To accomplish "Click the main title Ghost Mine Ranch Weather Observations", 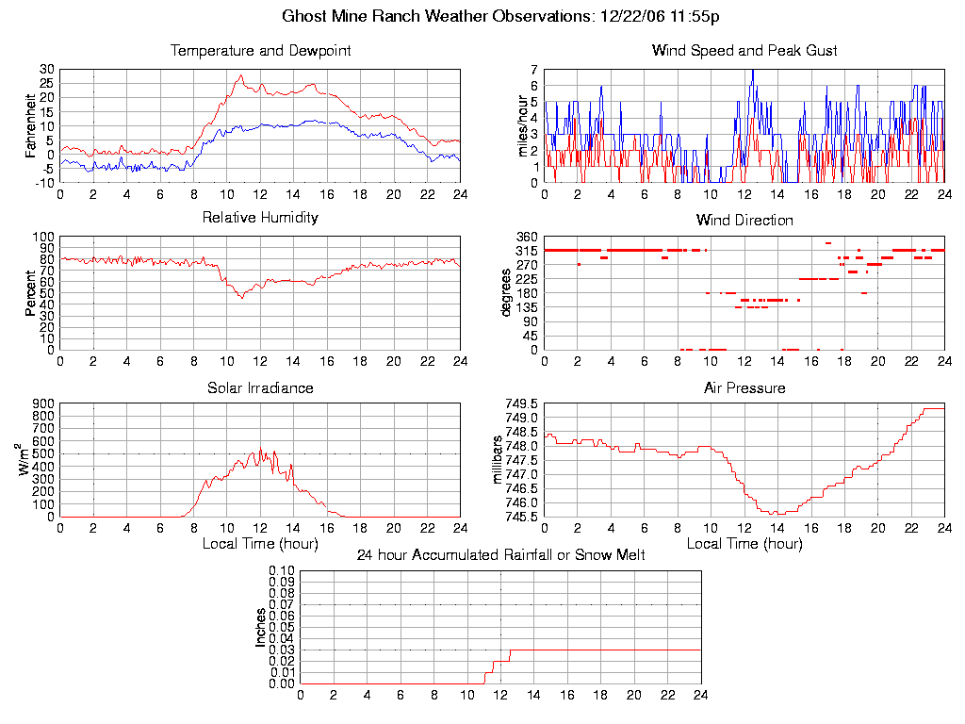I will coord(502,17).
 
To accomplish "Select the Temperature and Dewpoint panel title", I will coord(260,51).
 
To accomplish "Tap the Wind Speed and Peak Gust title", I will coord(744,51).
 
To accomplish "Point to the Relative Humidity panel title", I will coord(260,218).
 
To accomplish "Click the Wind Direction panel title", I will coord(744,221).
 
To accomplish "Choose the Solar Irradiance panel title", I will coord(260,388).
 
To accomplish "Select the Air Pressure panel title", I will coord(744,388).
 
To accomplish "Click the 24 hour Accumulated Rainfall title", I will coord(500,555).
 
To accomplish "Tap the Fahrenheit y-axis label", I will coord(31,125).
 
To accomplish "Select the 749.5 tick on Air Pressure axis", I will coord(520,404).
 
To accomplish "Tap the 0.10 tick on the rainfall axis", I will coord(282,570).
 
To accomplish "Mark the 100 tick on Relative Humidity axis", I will coord(41,237).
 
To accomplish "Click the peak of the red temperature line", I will coord(240,75).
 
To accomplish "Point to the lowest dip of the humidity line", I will coord(241,298).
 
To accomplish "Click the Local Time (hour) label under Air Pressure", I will coord(744,544).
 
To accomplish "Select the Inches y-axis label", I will coord(261,627).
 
